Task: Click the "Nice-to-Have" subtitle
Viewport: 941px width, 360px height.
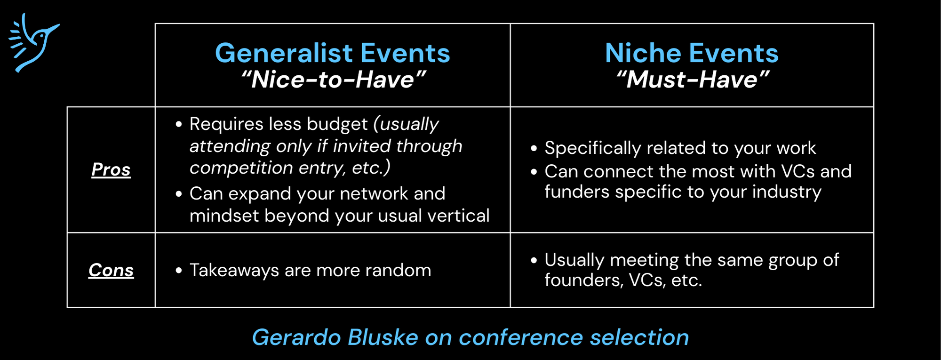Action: [x=333, y=79]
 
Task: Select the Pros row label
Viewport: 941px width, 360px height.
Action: [x=111, y=169]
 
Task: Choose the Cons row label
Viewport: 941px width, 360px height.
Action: [x=111, y=270]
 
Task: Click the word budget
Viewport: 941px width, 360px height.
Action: [x=337, y=125]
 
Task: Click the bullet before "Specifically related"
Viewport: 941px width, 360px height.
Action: [x=534, y=148]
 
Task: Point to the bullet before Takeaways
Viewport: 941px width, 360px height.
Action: [x=178, y=271]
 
